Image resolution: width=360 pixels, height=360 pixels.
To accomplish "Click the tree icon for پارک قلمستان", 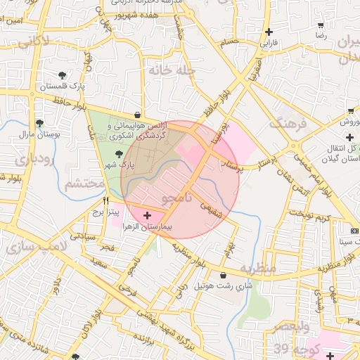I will coord(63,75).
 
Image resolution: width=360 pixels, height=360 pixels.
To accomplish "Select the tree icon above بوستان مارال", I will coord(38,122).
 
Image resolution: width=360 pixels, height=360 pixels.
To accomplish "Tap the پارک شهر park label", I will coord(117,164).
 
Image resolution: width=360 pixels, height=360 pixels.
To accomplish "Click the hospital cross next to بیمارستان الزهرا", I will coord(147,215).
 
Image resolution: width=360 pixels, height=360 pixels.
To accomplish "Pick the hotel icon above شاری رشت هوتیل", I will coord(224,275).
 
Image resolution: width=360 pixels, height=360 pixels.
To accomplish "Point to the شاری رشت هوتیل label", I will coord(222,286).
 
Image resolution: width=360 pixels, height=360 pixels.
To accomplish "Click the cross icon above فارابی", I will coord(269,32).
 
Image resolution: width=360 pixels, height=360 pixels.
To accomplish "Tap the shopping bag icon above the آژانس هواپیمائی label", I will coord(136,115).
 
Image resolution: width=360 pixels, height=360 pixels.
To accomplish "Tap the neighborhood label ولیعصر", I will coord(289,328).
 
